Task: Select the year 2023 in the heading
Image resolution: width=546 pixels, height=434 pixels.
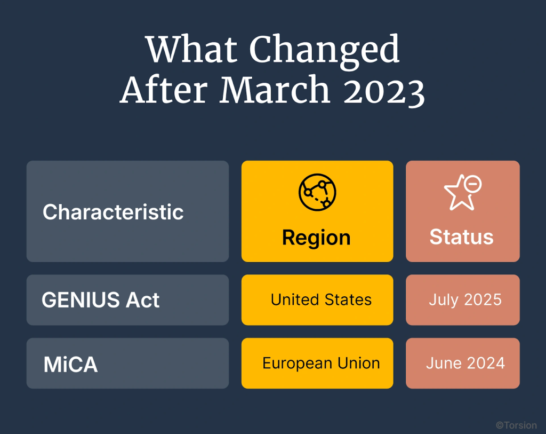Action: coord(384,90)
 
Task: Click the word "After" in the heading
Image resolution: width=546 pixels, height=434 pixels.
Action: coord(165,90)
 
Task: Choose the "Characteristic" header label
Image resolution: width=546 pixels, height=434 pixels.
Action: coord(113,212)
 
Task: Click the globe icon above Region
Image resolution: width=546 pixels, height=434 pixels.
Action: coord(317,192)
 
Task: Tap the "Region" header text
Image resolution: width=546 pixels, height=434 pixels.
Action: coord(316,238)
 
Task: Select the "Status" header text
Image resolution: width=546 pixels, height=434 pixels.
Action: coord(462,237)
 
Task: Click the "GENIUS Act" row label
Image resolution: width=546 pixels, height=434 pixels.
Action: coord(100,301)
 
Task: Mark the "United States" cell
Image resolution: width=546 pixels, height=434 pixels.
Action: coord(321,300)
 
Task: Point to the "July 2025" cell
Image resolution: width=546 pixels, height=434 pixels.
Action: coord(465,300)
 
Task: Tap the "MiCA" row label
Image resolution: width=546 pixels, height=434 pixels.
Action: coord(70,365)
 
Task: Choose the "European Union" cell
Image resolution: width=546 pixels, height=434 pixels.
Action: coord(321,364)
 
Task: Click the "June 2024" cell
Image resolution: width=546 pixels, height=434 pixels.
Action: coord(465,364)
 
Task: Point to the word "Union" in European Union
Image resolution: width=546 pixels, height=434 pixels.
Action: coord(359,364)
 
